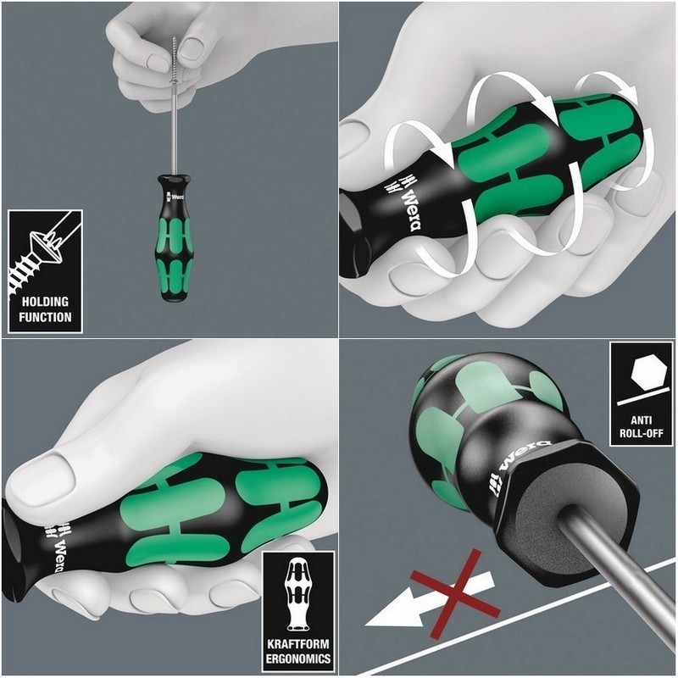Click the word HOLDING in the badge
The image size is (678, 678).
[45, 302]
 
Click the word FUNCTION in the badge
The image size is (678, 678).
[45, 318]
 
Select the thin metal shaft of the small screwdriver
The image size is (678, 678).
[175, 136]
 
